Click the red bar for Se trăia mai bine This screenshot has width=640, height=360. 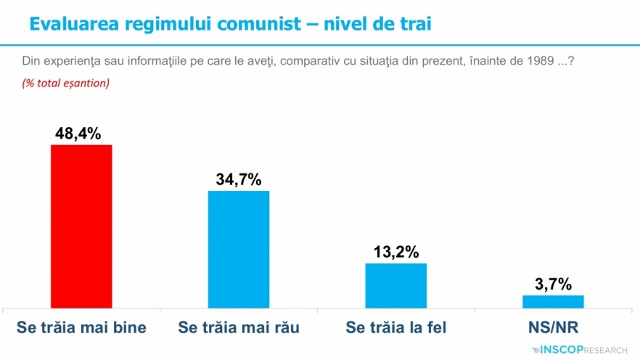81,226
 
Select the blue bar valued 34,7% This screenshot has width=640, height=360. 238,250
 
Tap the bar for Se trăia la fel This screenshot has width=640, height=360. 395,286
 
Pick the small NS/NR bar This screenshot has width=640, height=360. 553,302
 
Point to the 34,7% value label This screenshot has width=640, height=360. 238,179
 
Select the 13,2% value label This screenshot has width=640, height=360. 395,252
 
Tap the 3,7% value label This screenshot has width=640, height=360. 553,283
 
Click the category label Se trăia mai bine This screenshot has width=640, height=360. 81,327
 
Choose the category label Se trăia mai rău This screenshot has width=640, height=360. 239,327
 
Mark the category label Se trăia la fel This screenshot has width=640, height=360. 395,327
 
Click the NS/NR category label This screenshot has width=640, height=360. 554,327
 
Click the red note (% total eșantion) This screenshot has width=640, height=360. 66,83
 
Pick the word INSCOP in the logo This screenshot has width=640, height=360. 559,350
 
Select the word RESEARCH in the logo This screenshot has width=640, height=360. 604,350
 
